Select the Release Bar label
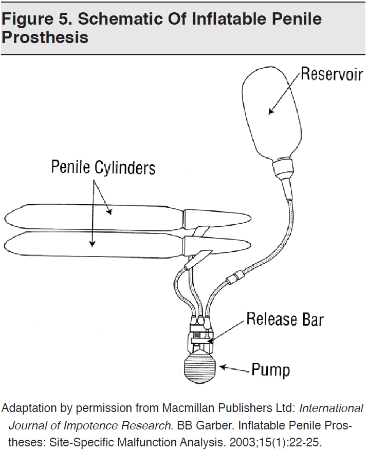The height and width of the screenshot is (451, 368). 285,320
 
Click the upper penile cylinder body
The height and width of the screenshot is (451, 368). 93,216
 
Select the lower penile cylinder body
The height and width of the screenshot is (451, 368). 93,245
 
